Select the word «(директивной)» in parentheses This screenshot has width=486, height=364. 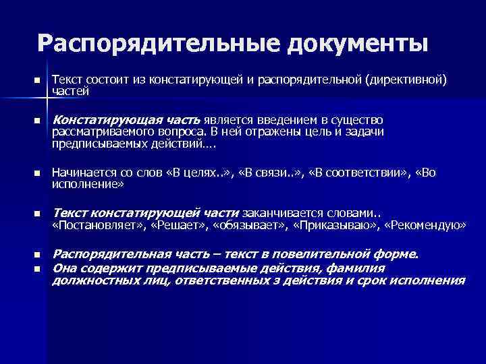tap(405, 80)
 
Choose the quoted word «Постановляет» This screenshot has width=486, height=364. tap(94, 225)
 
